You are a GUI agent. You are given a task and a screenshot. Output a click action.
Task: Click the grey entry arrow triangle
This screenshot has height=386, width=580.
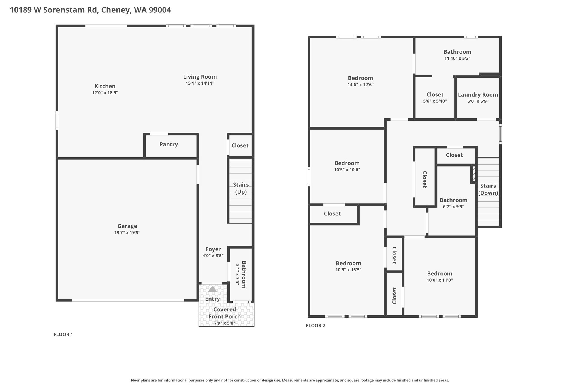tap(212, 289)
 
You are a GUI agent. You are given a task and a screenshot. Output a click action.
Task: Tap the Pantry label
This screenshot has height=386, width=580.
tap(169, 144)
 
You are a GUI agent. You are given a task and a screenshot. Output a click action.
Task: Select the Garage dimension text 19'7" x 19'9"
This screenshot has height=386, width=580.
tap(127, 233)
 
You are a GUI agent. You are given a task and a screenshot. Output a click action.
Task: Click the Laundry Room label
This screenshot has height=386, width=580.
tap(478, 95)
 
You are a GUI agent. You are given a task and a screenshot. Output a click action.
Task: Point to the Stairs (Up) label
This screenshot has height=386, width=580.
tap(241, 188)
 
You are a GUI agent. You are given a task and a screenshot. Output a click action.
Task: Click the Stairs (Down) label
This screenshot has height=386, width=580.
tap(488, 189)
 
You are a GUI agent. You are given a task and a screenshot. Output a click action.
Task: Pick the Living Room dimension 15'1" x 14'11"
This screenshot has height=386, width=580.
tap(200, 83)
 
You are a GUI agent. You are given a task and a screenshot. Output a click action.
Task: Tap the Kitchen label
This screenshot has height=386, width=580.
tap(105, 86)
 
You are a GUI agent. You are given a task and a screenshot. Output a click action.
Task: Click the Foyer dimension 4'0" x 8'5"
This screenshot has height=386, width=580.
tap(213, 256)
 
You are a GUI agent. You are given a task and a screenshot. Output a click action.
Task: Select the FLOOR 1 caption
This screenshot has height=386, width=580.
tap(63, 335)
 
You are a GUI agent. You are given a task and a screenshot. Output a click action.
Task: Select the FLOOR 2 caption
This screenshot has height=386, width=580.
tap(315, 325)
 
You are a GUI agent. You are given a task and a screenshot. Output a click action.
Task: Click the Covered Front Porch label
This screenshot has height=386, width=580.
tap(225, 313)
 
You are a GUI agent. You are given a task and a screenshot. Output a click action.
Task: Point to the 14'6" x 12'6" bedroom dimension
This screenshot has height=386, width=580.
tap(361, 85)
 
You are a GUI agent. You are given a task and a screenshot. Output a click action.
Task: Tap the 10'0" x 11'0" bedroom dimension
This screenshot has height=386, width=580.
tap(440, 280)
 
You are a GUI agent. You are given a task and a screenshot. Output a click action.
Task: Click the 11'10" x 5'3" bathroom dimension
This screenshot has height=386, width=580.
tap(457, 58)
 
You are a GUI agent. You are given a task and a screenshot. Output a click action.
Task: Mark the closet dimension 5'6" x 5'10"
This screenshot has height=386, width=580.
tap(435, 101)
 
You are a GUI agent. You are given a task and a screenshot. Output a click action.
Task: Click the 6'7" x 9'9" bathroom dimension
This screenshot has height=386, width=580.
tap(453, 206)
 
